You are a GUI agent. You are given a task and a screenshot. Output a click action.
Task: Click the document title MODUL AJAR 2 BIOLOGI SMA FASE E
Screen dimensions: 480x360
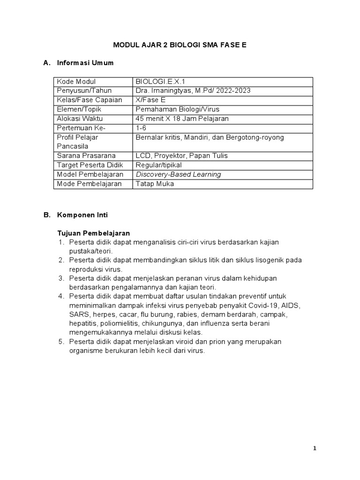[180, 45]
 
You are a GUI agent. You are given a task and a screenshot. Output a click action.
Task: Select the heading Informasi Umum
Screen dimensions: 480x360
[85, 63]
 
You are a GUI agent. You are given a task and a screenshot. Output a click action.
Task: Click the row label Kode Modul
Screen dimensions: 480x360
[76, 82]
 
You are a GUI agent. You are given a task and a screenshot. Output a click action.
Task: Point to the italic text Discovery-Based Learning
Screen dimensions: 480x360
[178, 174]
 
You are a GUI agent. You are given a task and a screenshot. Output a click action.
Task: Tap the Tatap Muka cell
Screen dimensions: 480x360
[155, 184]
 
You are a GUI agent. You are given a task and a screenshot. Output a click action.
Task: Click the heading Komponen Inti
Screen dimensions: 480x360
[82, 215]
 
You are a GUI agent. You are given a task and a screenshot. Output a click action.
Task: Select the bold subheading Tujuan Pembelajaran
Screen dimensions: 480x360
[93, 233]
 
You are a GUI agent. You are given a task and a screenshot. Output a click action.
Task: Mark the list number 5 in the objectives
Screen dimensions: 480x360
[61, 342]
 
